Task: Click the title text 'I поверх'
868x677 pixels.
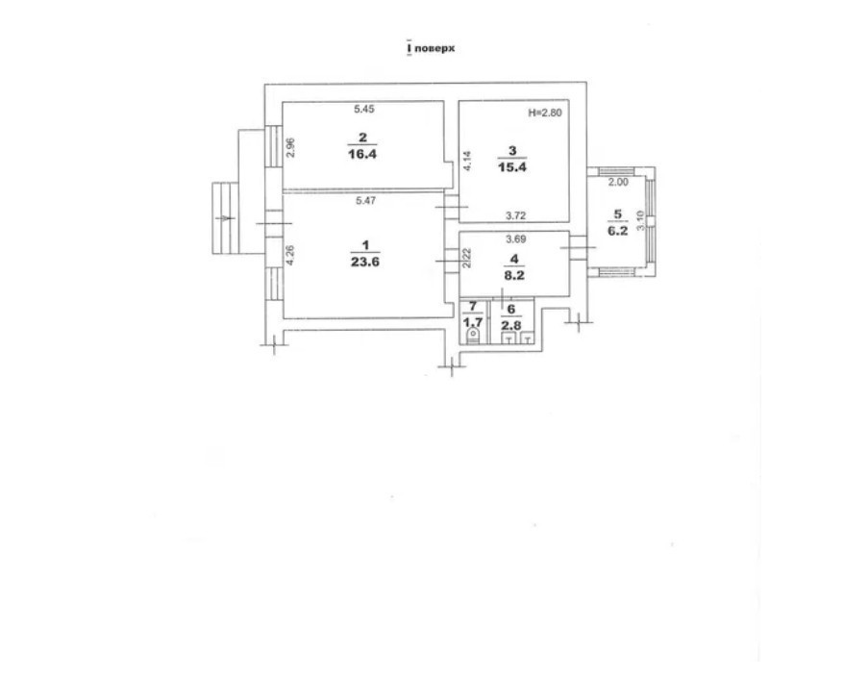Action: (x=431, y=48)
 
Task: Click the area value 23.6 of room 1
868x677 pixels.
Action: (x=365, y=262)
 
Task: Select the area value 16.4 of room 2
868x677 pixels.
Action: (x=362, y=154)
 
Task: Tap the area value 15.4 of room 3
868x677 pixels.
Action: (x=512, y=166)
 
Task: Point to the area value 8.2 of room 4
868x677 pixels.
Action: (x=514, y=275)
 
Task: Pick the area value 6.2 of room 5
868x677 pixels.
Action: (x=618, y=231)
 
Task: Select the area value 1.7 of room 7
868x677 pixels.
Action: (x=473, y=322)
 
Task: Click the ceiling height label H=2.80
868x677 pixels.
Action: (x=545, y=113)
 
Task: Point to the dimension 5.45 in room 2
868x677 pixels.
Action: (x=364, y=109)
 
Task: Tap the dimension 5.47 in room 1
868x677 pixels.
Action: (x=366, y=201)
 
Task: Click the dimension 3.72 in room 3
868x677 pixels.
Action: (x=515, y=215)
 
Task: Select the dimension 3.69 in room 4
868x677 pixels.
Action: (x=515, y=239)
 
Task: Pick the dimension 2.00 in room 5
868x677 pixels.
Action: (x=618, y=182)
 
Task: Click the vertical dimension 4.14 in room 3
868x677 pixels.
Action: (x=468, y=161)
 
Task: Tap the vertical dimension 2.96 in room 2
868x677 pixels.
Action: (x=291, y=147)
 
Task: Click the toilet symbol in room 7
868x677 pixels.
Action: (x=473, y=336)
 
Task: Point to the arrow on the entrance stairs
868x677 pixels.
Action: (x=224, y=218)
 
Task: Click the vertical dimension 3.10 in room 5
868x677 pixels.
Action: (x=640, y=220)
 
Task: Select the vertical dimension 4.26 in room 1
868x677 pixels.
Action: (x=290, y=256)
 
